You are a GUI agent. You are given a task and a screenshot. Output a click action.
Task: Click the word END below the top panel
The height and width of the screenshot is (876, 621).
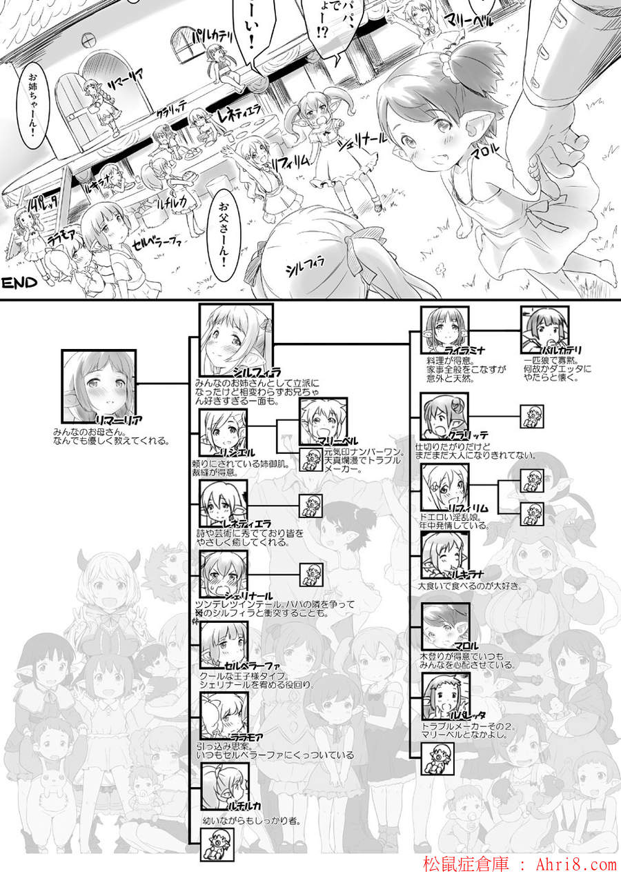point(19,282)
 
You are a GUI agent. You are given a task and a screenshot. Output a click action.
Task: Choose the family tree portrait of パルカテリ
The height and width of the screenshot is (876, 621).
point(545,331)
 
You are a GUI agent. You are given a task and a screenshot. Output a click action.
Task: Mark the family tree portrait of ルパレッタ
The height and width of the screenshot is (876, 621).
point(444,697)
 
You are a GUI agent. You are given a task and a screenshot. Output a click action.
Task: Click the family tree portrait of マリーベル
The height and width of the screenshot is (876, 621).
point(324,421)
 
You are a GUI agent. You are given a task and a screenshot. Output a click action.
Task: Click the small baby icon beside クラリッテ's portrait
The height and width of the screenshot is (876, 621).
point(531,417)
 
